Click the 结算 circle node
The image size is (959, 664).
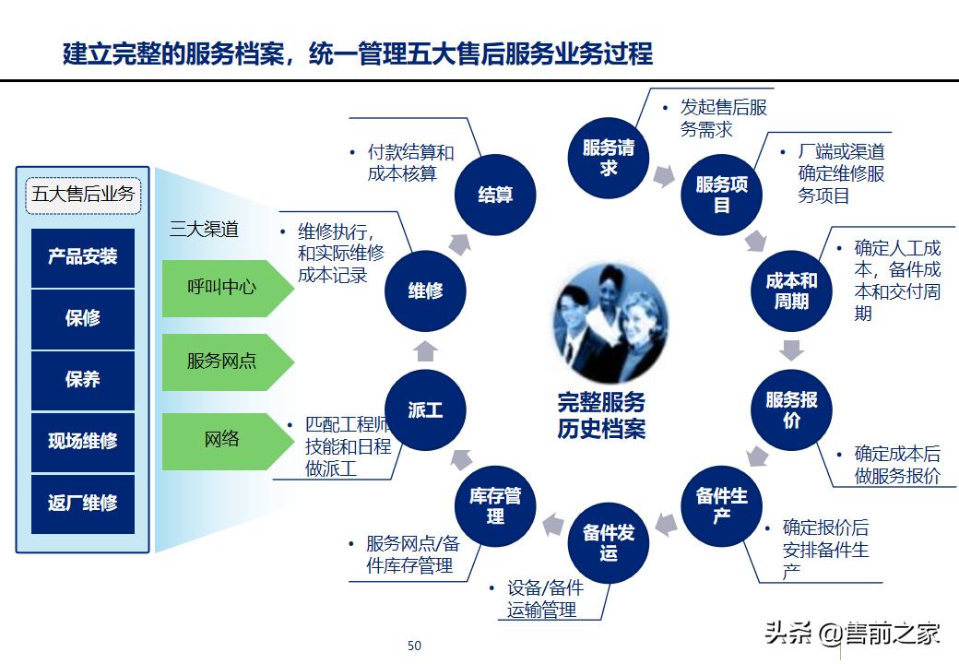495,195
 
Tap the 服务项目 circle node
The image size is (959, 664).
721,195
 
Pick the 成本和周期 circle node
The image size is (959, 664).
791,290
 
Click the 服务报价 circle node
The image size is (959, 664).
791,409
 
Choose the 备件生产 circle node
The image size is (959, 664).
721,505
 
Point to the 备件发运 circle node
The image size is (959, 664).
609,542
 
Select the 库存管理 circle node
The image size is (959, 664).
495,505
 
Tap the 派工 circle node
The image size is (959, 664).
425,409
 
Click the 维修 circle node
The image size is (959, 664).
425,290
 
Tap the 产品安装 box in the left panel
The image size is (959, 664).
83,256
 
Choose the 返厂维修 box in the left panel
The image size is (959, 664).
83,504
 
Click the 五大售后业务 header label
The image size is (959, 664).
83,195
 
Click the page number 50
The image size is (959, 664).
414,646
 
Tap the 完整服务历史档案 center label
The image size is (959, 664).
601,415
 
